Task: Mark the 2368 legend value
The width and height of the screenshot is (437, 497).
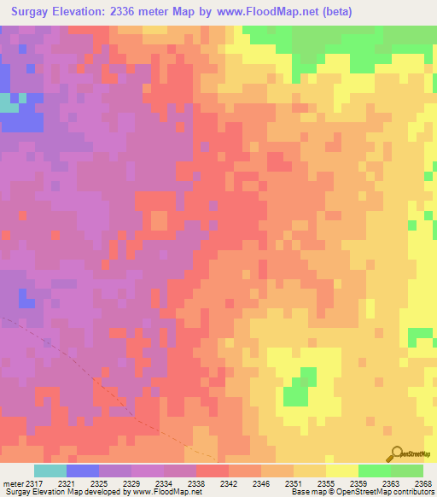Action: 423,482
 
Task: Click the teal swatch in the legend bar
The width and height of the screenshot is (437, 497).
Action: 50,471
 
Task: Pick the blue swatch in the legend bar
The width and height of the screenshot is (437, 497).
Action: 82,471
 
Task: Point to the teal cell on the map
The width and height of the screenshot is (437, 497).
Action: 8,102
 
